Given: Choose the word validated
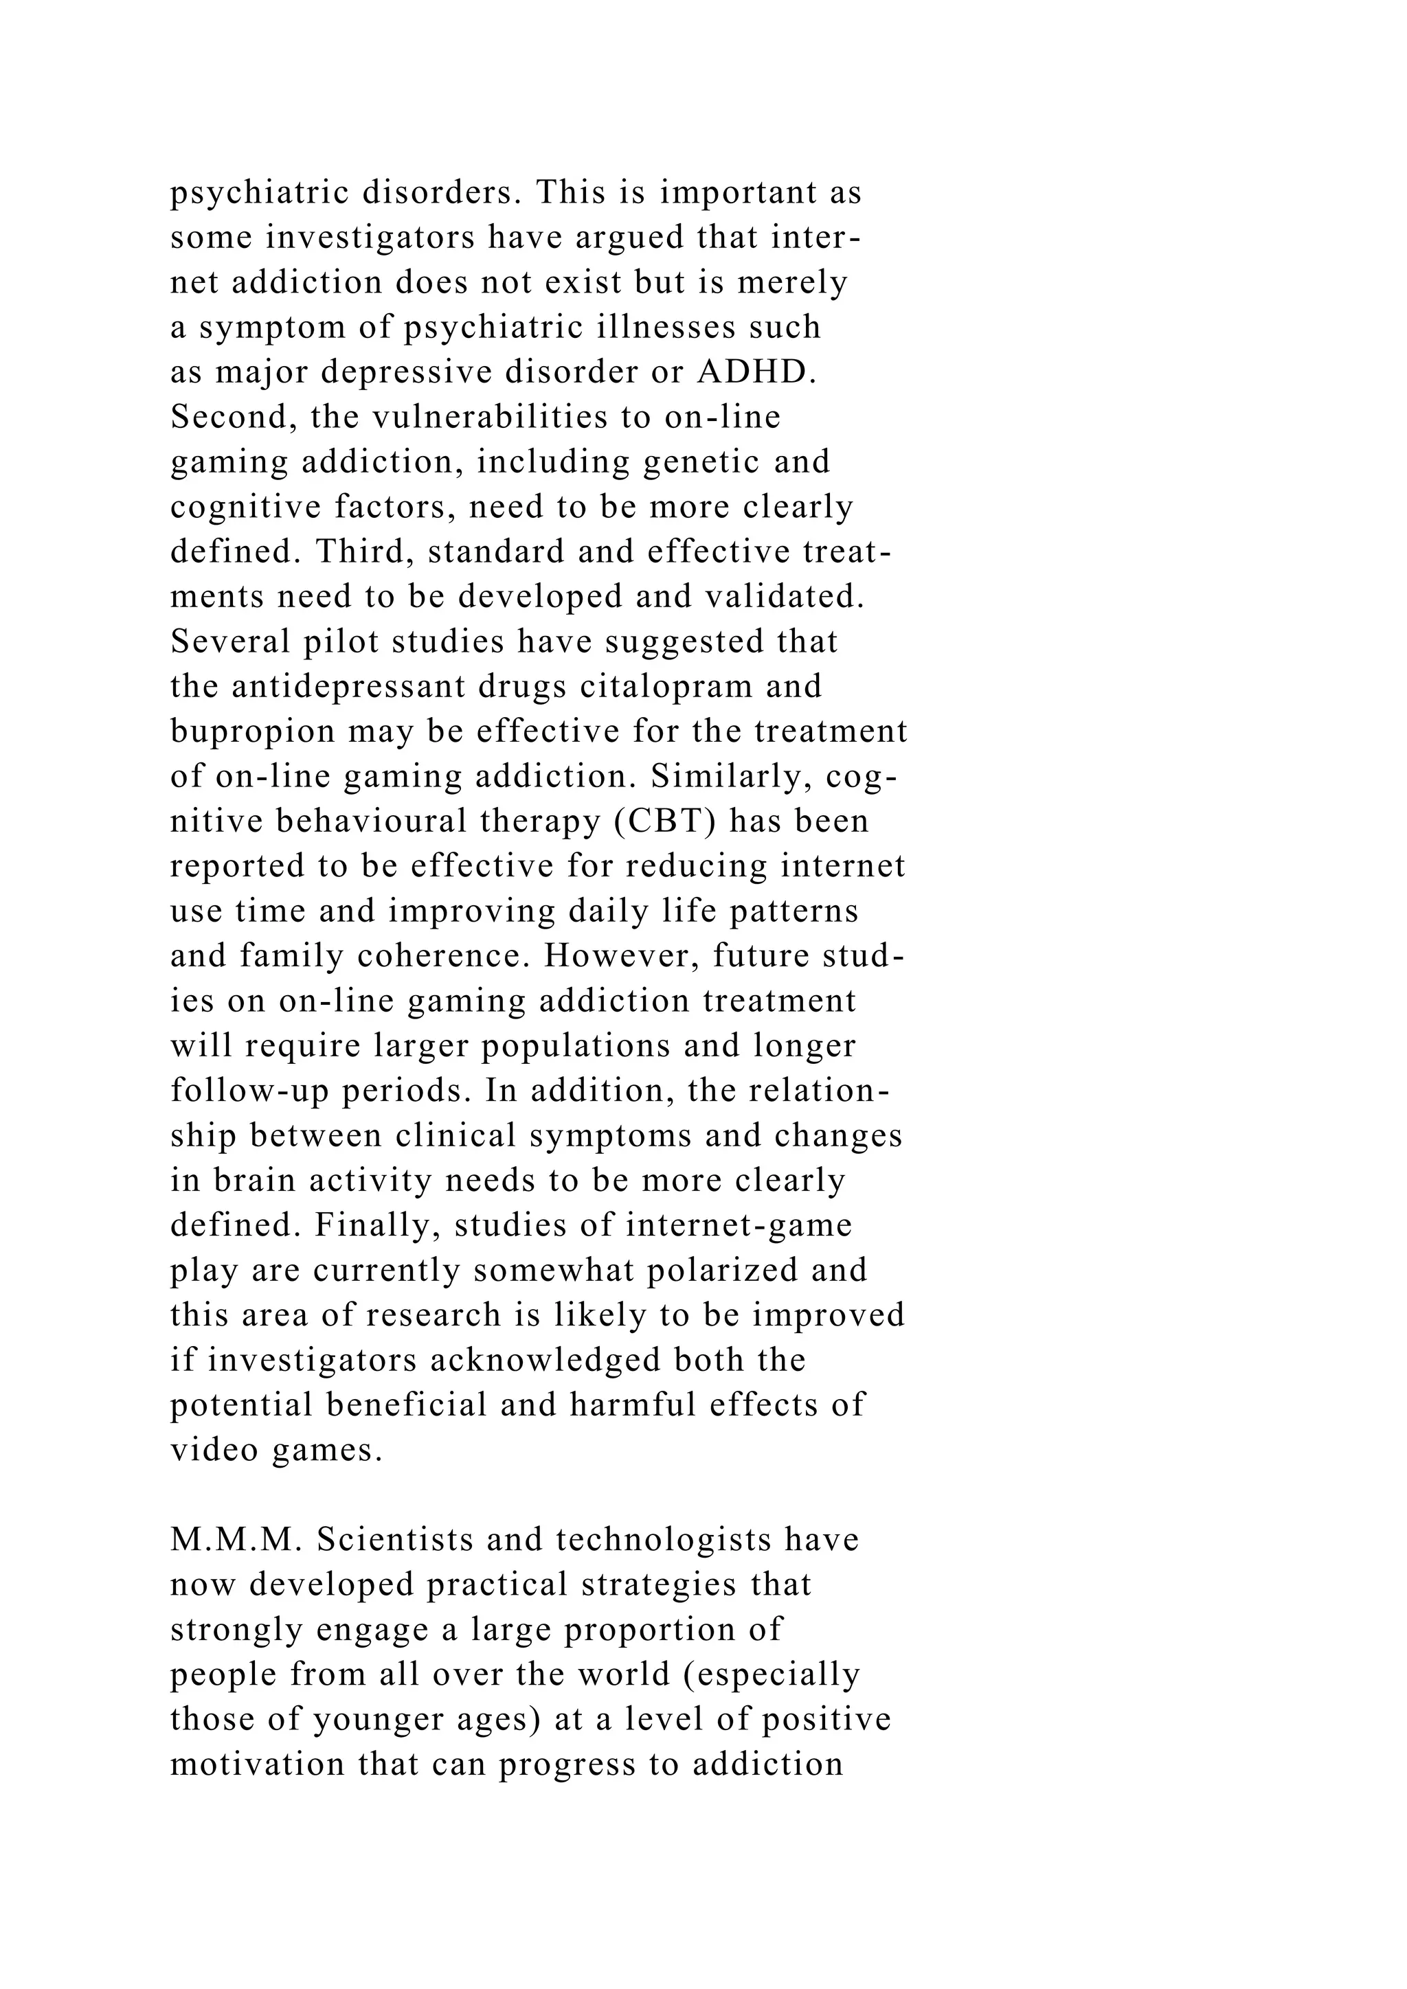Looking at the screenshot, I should point(783,597).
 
